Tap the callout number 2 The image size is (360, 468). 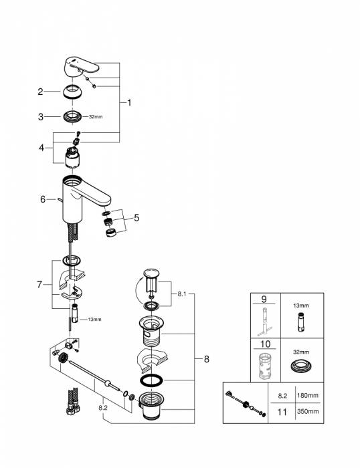(40, 92)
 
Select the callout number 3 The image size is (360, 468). (41, 117)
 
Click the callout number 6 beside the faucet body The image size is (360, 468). (43, 199)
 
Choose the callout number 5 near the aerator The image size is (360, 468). (137, 218)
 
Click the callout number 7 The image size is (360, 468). (39, 285)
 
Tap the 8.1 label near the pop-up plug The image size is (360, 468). (182, 294)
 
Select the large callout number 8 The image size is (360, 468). (207, 359)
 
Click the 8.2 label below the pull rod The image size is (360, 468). (103, 408)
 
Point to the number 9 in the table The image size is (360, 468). (264, 299)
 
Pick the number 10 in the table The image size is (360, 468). (265, 344)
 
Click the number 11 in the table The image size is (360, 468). (282, 412)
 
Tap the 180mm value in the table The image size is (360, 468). (308, 396)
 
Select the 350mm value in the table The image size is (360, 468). (308, 411)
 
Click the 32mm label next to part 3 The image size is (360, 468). (96, 117)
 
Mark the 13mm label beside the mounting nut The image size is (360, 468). (94, 320)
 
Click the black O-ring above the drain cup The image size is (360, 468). (151, 380)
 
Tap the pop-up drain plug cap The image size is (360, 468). (151, 273)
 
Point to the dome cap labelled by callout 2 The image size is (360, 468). (72, 92)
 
